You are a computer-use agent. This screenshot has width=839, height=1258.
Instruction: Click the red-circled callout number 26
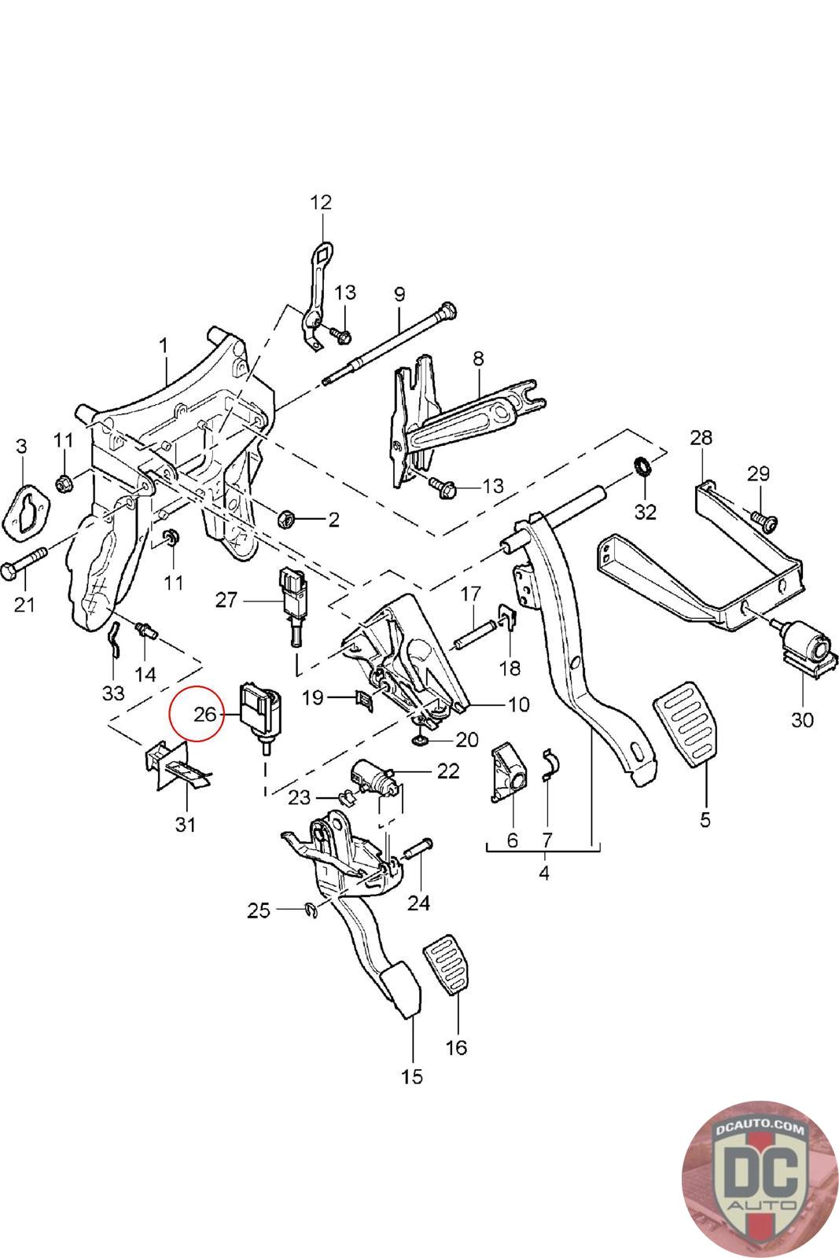(x=204, y=714)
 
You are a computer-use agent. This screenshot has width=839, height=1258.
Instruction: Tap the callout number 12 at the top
(x=321, y=202)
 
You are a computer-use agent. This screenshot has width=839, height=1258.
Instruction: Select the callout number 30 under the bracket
(x=802, y=719)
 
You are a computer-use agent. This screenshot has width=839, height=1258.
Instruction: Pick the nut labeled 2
(x=287, y=519)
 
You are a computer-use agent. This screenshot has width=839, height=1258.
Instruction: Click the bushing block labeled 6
(x=507, y=774)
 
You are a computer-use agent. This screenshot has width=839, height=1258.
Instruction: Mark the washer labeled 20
(x=421, y=740)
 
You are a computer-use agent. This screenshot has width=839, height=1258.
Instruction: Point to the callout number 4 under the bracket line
(x=544, y=872)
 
